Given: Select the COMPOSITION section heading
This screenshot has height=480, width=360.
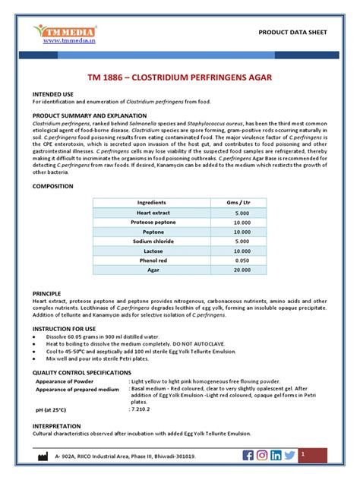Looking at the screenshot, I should pyautogui.click(x=52, y=185).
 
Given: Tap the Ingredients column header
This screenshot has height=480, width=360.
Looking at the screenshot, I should pyautogui.click(x=151, y=204).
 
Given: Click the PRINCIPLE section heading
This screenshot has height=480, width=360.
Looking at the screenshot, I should pyautogui.click(x=46, y=292).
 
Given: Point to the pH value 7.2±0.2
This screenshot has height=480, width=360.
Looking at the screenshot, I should pyautogui.click(x=142, y=411).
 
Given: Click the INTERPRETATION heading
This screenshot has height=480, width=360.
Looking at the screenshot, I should pyautogui.click(x=57, y=427).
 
